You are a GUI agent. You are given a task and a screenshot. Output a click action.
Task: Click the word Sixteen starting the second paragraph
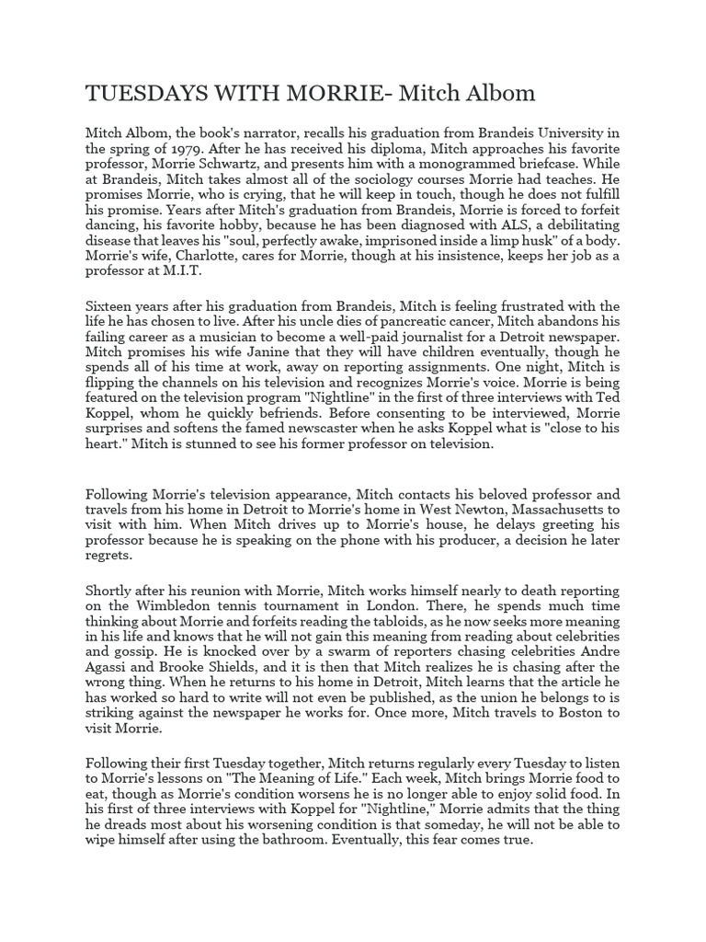click(112, 305)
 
